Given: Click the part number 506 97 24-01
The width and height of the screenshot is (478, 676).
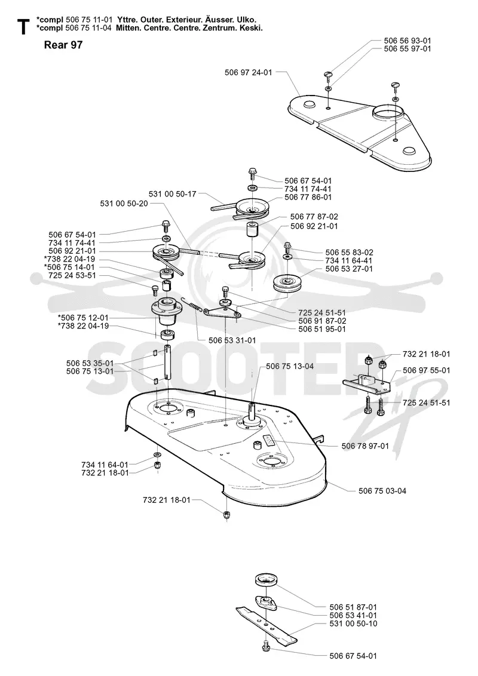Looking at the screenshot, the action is pos(249,72).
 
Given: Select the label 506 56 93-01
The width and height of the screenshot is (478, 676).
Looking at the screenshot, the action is pos(407,41).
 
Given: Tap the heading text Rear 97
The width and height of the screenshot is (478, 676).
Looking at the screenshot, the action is pos(63,45).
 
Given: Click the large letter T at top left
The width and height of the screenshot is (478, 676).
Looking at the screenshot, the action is pos(23,27).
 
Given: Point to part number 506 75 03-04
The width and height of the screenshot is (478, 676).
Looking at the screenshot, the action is pos(382,491).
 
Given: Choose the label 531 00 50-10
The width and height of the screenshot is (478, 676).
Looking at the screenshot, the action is pos(353,623).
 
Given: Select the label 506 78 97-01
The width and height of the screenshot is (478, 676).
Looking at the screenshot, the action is pos(365,445).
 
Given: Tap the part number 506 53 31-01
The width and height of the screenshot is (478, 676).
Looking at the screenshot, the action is pos(232,340).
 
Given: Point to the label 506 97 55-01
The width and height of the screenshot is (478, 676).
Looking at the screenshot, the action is pos(426,370).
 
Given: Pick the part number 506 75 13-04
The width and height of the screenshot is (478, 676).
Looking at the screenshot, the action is pos(290,367).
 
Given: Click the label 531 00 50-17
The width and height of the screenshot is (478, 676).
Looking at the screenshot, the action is pos(173,194).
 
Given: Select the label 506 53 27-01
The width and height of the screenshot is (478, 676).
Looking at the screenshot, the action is pos(349,269).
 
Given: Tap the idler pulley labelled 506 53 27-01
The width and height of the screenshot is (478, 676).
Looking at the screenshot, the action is pos(286,283).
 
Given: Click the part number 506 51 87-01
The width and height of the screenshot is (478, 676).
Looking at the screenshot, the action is pos(353,607).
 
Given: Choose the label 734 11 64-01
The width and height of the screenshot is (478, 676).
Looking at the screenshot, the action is pos(105,465).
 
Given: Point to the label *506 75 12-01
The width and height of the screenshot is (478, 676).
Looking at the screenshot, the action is pos(83,318).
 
